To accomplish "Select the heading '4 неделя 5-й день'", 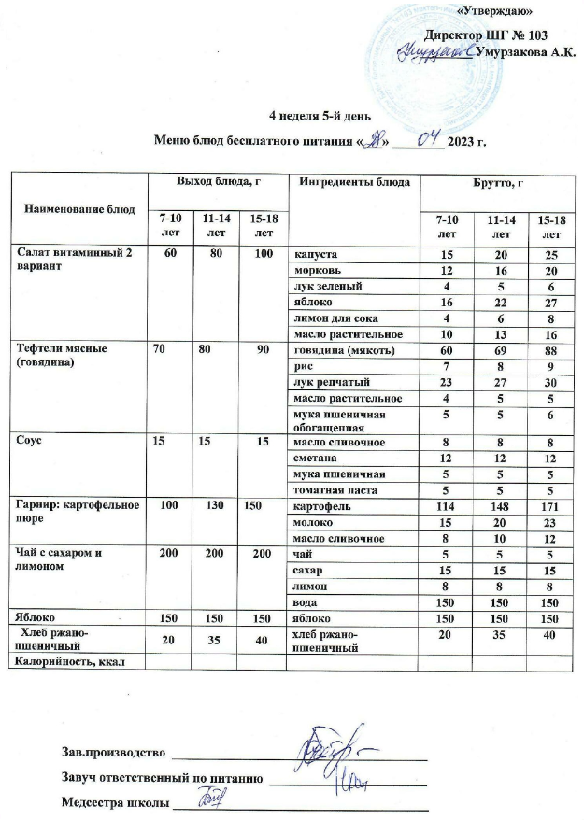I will point(320,117).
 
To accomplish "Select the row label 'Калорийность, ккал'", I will point(66,662).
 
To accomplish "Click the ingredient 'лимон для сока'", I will point(330,318).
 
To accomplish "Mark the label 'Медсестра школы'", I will point(115,801).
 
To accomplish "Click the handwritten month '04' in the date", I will point(428,140).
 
